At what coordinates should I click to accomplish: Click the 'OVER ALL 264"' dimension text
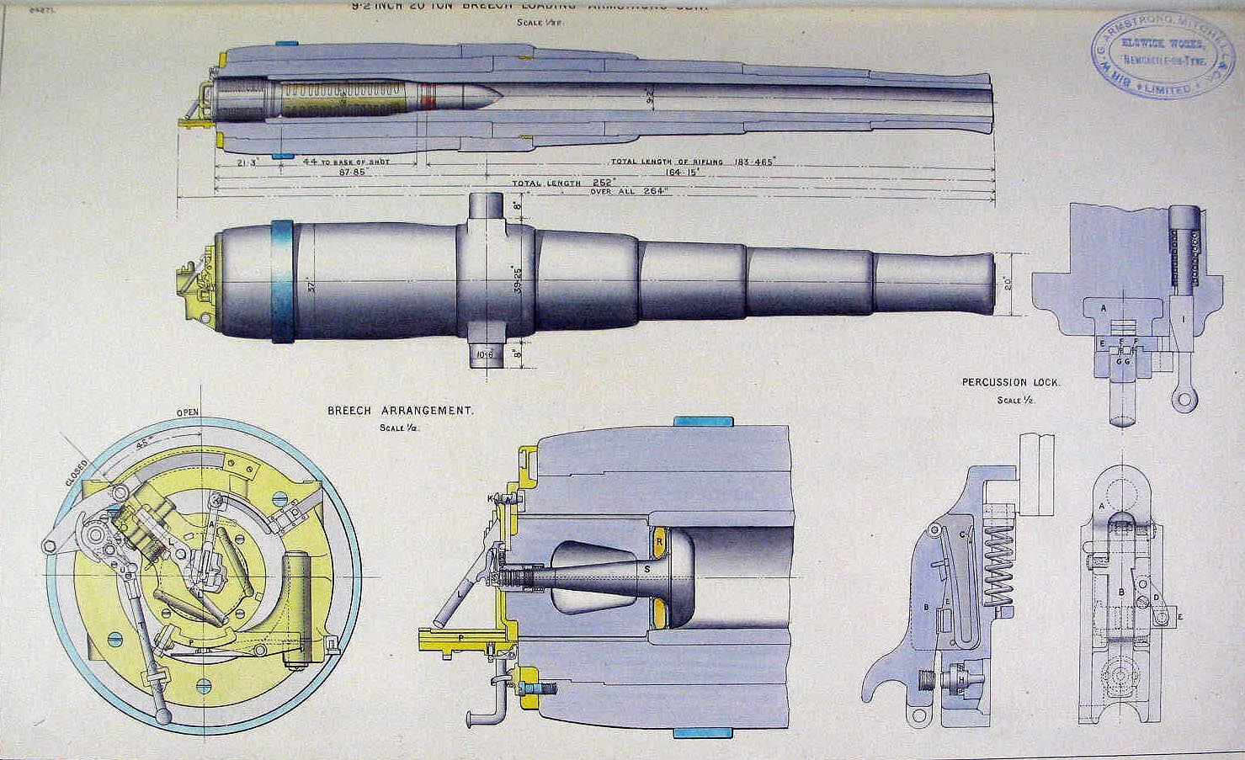(629, 191)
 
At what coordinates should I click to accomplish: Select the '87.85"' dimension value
(356, 171)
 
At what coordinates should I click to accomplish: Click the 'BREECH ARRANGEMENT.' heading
(401, 412)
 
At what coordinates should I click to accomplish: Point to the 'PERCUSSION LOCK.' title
(1011, 383)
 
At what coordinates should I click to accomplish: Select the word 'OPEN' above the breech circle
(188, 413)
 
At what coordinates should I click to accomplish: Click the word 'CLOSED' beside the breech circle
(77, 472)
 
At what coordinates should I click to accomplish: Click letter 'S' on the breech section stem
(646, 570)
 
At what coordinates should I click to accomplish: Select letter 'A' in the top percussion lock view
(1103, 308)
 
